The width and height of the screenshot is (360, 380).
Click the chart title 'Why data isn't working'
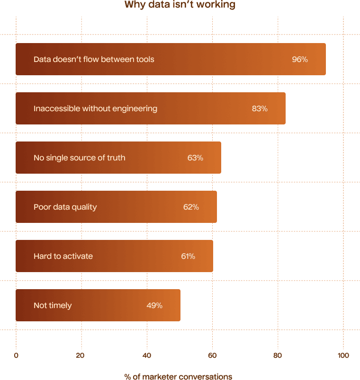coord(180,5)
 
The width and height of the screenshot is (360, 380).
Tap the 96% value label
coord(300,60)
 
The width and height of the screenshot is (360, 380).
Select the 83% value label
coord(260,109)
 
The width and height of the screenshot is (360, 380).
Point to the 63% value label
coord(195,158)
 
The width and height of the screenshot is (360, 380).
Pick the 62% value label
coord(191,207)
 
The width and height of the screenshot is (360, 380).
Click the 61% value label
coord(188,256)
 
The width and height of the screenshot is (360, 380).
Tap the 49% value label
coord(154,306)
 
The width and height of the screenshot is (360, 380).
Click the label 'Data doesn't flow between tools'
coord(94,60)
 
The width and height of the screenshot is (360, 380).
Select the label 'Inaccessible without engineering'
coord(95,109)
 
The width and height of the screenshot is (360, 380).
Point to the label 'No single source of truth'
coord(80,158)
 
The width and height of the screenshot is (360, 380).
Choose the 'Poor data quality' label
coord(65,207)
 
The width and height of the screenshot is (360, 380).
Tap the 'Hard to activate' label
coord(63,256)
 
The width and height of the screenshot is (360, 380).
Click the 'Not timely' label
coord(53,306)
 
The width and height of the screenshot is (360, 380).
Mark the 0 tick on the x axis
coord(16,356)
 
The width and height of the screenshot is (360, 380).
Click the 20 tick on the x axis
coord(81,356)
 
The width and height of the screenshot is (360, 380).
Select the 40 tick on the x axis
coord(147,356)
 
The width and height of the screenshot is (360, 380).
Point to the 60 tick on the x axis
coord(212,356)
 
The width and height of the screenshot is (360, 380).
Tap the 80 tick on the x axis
coord(278,356)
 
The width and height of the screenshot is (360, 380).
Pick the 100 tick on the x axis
coord(343,356)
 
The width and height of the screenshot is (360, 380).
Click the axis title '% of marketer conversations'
coord(179,377)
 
